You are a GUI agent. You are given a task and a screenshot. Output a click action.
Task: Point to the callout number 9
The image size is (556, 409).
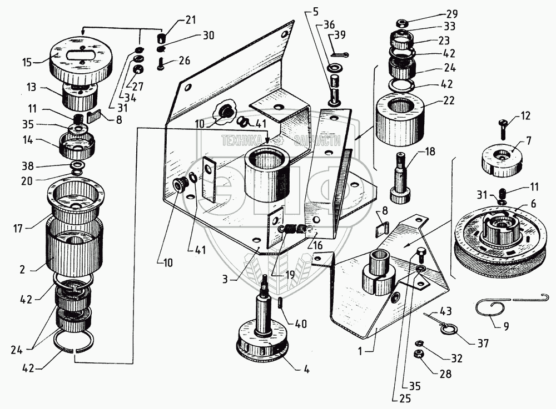coord(505,327)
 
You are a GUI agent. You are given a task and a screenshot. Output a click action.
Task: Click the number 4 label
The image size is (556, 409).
coord(306,370)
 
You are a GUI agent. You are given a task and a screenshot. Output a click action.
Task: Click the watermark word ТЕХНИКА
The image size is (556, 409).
coord(242,141)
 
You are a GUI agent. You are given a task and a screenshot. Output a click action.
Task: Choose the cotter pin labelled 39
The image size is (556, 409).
coord(340,53)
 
